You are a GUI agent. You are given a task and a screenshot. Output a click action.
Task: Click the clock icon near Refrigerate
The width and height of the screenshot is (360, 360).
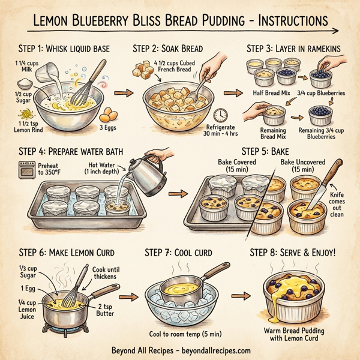click(220, 114)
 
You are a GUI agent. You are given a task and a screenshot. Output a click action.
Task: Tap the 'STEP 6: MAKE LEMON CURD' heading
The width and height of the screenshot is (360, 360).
click(67, 253)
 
